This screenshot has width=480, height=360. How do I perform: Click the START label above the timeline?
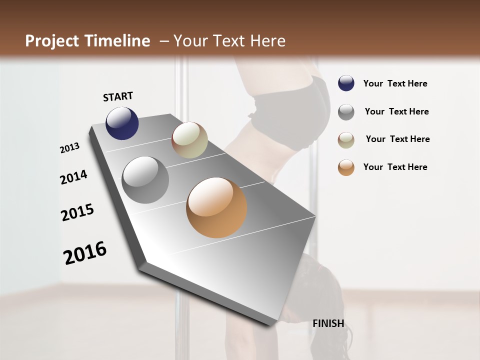pyautogui.click(x=118, y=96)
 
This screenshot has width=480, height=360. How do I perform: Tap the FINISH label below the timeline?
pyautogui.click(x=328, y=323)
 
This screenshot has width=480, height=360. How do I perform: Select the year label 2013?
pyautogui.click(x=69, y=148)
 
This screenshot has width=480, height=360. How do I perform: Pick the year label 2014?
pyautogui.click(x=73, y=177)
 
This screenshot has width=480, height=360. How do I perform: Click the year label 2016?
pyautogui.click(x=85, y=252)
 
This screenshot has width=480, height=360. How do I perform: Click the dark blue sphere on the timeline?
pyautogui.click(x=122, y=123)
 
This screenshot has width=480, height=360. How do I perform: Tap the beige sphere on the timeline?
pyautogui.click(x=189, y=140)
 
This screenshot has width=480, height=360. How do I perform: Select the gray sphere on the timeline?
pyautogui.click(x=145, y=180)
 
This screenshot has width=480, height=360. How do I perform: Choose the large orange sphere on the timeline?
pyautogui.click(x=216, y=207)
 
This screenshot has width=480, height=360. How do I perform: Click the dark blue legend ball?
pyautogui.click(x=346, y=83)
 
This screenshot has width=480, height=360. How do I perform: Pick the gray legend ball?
pyautogui.click(x=346, y=112)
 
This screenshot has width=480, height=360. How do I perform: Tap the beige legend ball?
pyautogui.click(x=346, y=140)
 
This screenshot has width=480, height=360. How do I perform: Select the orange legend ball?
pyautogui.click(x=346, y=167)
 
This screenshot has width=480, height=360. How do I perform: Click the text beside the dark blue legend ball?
pyautogui.click(x=395, y=84)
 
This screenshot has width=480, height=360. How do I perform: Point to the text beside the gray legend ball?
pyautogui.click(x=396, y=112)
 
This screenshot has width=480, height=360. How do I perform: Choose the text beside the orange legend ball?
pyautogui.click(x=395, y=167)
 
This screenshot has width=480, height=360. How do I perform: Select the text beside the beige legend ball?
pyautogui.click(x=397, y=139)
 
